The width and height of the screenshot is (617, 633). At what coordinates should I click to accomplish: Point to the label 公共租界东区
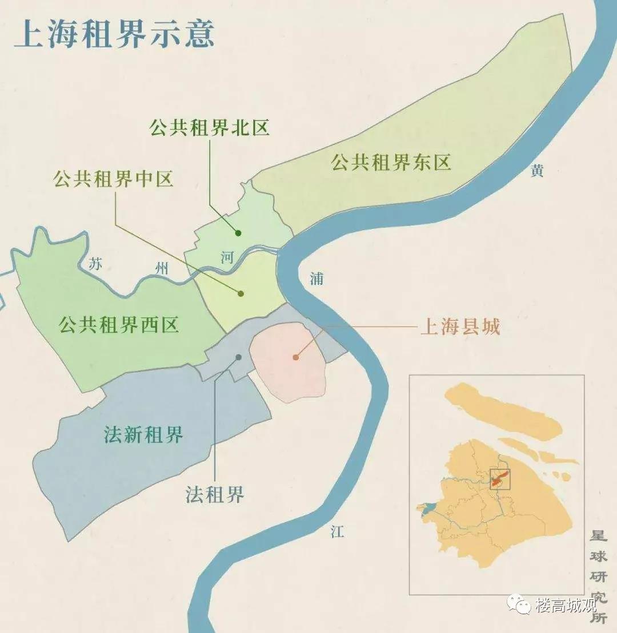click(391, 163)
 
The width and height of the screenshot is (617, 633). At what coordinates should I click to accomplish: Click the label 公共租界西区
click(118, 325)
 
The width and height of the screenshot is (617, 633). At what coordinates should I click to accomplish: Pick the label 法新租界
click(143, 435)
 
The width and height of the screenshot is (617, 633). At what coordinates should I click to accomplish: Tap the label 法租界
click(215, 494)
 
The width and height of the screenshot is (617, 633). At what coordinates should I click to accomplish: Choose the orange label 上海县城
click(460, 327)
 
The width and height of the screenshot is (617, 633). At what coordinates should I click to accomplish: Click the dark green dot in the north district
click(238, 233)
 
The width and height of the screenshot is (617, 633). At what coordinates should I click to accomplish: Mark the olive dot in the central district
click(241, 293)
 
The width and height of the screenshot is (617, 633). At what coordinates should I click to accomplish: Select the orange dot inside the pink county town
click(295, 357)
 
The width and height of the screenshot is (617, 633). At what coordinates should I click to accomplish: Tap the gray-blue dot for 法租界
click(238, 357)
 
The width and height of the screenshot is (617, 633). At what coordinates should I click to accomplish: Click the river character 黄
click(536, 171)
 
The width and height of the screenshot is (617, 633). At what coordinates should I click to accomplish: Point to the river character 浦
click(316, 279)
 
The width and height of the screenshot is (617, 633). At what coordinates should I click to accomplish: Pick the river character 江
click(337, 532)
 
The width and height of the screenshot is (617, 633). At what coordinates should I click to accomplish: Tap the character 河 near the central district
click(227, 257)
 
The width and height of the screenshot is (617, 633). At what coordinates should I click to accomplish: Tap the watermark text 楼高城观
click(566, 606)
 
